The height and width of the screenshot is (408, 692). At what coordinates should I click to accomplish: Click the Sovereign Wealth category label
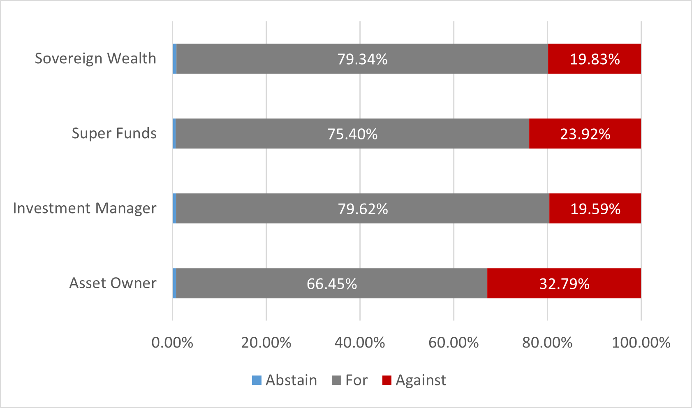coord(95,59)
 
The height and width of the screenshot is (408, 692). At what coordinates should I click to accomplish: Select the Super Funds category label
coord(114,134)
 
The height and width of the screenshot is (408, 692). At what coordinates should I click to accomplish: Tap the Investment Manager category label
coord(85,209)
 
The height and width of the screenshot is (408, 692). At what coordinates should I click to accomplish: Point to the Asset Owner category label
coord(113,283)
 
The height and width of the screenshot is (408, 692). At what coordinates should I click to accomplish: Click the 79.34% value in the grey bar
coord(362,59)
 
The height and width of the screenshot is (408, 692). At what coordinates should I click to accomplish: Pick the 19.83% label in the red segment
coord(595,59)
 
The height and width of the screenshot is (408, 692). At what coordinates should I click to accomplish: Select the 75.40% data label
coord(352,134)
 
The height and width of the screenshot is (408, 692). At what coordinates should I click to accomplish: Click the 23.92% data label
coord(585,134)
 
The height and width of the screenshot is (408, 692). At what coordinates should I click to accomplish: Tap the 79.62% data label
coord(363,209)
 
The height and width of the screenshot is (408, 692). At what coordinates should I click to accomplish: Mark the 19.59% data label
coord(595,209)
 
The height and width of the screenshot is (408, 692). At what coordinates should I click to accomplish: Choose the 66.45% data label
coord(332,284)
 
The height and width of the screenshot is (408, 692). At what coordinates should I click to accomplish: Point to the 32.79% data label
coord(564,284)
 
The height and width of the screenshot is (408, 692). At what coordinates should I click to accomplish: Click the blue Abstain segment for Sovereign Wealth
coord(175,59)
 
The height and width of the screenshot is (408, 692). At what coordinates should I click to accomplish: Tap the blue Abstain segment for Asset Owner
coord(175,283)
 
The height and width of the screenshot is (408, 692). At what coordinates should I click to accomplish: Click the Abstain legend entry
coord(285,380)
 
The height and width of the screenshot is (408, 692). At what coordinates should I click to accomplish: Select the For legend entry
coord(350,380)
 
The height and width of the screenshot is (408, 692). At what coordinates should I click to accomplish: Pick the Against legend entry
coord(414,380)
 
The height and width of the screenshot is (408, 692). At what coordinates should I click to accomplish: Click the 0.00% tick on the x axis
coord(172,343)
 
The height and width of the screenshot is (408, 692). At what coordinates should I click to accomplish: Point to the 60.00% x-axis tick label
coord(454,343)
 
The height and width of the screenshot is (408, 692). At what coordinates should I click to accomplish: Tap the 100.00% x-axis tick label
coord(641,343)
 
